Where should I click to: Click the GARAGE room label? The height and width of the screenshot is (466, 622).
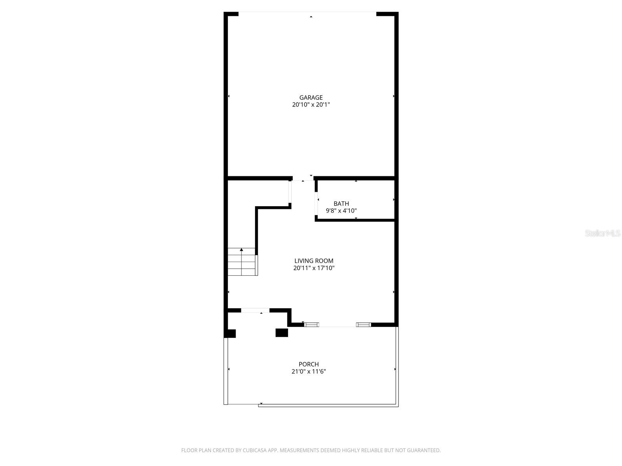tap(311, 97)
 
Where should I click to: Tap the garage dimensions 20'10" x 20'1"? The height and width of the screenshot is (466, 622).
tap(311, 105)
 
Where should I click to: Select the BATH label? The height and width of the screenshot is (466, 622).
tap(341, 204)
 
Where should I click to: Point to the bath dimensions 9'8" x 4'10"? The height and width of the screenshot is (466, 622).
tap(341, 211)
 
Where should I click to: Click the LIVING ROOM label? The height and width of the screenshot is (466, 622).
tap(314, 261)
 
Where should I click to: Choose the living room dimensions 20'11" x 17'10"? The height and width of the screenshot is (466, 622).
tap(314, 268)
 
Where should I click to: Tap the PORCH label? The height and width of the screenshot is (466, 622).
tap(309, 364)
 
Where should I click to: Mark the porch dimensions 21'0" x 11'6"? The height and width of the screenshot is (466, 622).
tap(309, 372)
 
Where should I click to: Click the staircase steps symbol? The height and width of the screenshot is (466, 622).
tap(243, 262)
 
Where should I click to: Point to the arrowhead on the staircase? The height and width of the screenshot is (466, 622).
tap(241, 250)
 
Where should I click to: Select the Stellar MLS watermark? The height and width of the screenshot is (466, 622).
tap(603, 233)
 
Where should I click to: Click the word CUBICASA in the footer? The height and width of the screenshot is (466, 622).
tap(255, 450)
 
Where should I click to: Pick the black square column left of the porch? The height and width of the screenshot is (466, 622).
tap(230, 334)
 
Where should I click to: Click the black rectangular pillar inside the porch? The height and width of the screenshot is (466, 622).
tap(282, 333)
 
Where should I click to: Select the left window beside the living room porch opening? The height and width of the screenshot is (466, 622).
tap(311, 325)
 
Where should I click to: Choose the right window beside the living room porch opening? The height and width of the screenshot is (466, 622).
tap(363, 325)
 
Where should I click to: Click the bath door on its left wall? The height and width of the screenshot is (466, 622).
tap(316, 204)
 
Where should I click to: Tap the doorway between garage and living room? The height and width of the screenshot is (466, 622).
tap(303, 178)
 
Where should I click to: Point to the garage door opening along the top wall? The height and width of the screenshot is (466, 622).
tap(307, 12)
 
